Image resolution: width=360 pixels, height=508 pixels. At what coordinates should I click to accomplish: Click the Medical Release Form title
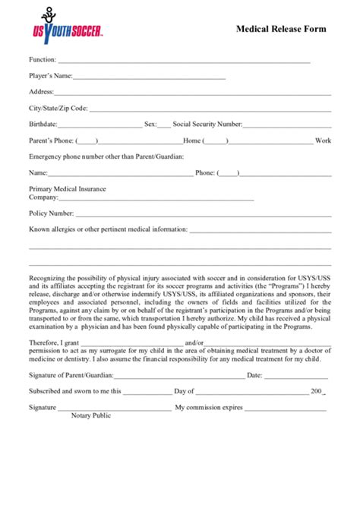pos(282,29)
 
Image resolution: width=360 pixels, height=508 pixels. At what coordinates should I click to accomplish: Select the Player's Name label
pos(51,76)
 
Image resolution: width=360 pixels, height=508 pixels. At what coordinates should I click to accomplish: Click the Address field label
pos(41,92)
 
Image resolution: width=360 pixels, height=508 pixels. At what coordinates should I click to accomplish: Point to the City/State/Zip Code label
pos(58,108)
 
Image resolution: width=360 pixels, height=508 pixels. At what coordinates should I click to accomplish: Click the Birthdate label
pos(43,124)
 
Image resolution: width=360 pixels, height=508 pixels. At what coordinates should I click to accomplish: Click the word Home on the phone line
pos(192,140)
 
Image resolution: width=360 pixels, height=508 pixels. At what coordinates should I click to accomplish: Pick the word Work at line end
pos(324,140)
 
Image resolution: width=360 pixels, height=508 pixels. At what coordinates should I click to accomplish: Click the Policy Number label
pos(51,213)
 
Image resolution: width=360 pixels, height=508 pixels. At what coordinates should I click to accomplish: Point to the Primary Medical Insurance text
pos(68,188)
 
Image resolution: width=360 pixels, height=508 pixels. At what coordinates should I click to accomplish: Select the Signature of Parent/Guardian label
pos(70,375)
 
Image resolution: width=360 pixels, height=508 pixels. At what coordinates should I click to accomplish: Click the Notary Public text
pos(91,415)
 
